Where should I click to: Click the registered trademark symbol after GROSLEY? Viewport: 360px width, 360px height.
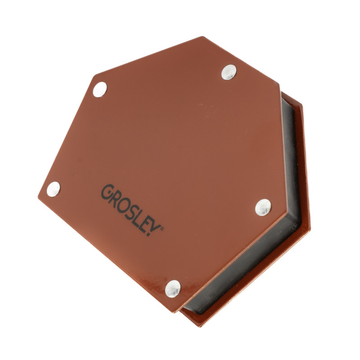162,229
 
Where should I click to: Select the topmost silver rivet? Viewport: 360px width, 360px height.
229,72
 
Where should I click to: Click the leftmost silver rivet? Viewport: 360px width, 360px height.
53,189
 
